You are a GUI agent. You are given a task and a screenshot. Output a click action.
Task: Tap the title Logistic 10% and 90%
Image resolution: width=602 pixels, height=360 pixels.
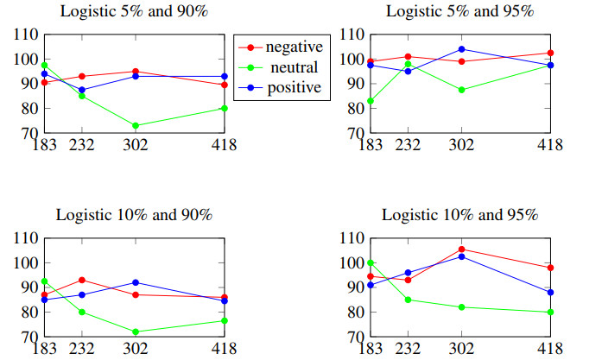[x=134, y=215]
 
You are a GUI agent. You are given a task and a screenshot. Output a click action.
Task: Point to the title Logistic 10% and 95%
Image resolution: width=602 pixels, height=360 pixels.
[x=459, y=215]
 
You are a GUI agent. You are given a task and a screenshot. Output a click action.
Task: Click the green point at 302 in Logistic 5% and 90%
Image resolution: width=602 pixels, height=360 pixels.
[x=136, y=126]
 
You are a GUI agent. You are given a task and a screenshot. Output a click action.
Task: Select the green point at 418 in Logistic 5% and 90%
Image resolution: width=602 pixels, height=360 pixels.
[x=225, y=108]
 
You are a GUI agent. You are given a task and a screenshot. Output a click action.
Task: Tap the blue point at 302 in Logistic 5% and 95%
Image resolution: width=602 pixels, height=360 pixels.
[x=461, y=49]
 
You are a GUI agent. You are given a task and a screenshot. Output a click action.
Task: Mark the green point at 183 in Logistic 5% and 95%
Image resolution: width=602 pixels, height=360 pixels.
[x=371, y=101]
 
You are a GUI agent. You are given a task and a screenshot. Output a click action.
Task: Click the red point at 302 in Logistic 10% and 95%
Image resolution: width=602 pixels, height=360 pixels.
[x=461, y=249]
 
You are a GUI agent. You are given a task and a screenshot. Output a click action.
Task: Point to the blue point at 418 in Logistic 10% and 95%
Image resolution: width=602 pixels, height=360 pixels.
[x=550, y=292]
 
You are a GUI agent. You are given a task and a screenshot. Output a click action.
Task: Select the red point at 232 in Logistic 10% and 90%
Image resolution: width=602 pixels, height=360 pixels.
[x=81, y=280]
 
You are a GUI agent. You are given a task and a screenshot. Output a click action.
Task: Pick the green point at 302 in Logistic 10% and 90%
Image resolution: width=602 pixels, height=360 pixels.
[x=136, y=332]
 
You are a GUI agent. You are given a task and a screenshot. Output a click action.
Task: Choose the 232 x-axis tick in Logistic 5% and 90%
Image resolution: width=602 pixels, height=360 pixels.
[x=81, y=144]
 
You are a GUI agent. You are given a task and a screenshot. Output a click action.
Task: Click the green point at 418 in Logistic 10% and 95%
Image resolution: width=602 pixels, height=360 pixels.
[x=550, y=313]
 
